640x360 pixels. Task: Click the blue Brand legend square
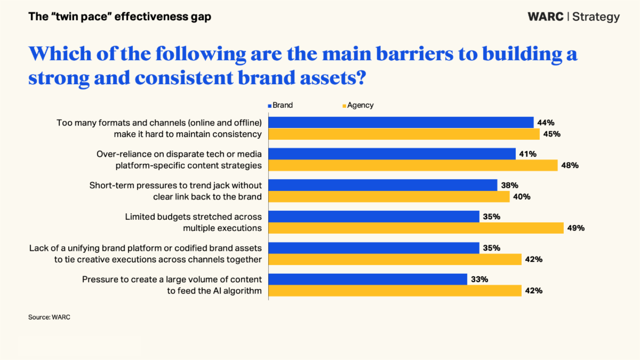[270, 106]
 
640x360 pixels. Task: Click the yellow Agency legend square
[345, 106]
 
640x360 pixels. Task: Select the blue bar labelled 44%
[401, 123]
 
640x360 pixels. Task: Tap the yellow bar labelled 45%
[404, 134]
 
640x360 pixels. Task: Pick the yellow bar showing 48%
[413, 165]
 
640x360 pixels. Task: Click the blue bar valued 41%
[393, 154]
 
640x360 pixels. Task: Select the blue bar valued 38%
[383, 185]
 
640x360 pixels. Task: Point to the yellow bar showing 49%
[416, 228]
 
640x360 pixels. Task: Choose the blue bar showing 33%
[368, 279]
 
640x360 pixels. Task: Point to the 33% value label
[479, 279]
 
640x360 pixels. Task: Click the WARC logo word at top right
[545, 17]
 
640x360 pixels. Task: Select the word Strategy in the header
[596, 17]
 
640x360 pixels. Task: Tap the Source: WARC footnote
[49, 317]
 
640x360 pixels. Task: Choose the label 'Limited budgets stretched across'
[193, 217]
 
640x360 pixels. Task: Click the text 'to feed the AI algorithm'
[214, 291]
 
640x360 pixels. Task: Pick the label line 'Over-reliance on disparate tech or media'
[179, 154]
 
